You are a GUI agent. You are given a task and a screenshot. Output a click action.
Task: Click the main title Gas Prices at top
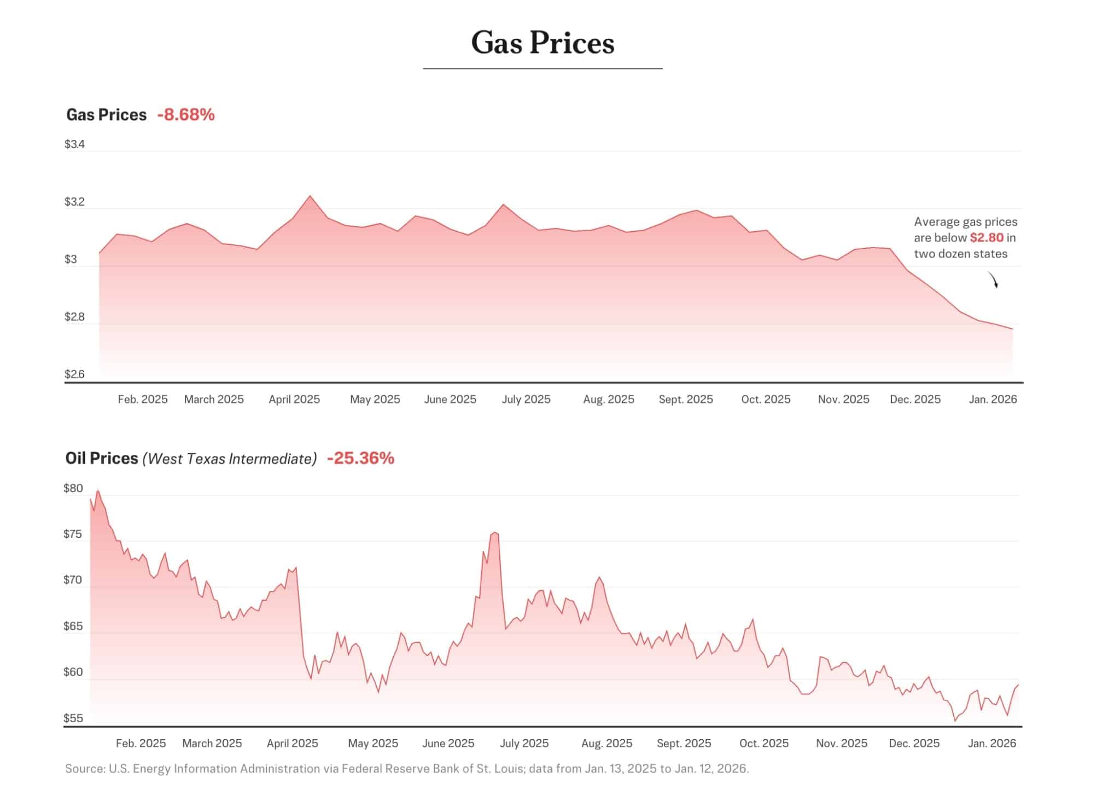click(x=542, y=43)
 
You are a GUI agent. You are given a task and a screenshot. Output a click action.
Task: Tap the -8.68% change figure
click(x=185, y=115)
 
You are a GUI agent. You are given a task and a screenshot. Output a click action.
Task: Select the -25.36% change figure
click(x=360, y=458)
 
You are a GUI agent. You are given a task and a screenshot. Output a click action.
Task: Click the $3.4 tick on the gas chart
click(x=74, y=144)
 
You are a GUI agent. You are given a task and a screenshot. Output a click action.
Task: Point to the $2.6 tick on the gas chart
click(x=74, y=374)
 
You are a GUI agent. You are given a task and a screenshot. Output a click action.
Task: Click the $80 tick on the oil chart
click(x=73, y=488)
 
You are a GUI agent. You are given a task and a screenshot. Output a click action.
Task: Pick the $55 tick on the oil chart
click(x=73, y=718)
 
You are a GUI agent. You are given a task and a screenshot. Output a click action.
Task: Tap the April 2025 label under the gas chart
click(x=294, y=400)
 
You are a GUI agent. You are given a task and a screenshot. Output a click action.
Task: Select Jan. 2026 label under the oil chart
click(x=992, y=744)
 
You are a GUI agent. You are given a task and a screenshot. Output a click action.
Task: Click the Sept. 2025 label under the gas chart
click(x=686, y=400)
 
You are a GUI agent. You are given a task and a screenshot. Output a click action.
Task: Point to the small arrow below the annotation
click(x=993, y=280)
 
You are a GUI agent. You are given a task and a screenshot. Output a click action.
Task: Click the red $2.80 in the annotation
click(x=987, y=238)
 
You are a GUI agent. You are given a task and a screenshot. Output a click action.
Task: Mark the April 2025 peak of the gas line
click(x=310, y=196)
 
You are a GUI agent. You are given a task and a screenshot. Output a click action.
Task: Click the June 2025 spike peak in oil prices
click(x=494, y=532)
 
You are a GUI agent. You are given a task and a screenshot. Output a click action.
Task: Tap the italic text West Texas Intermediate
click(x=230, y=459)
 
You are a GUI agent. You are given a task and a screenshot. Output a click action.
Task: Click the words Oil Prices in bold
click(x=102, y=458)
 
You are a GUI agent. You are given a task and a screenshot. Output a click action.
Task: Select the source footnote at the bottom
click(x=407, y=769)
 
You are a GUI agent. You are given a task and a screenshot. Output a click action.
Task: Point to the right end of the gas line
click(x=1012, y=329)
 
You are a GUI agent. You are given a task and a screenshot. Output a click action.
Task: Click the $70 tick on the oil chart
click(x=73, y=580)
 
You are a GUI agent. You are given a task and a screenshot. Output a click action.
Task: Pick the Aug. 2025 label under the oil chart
click(x=606, y=744)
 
